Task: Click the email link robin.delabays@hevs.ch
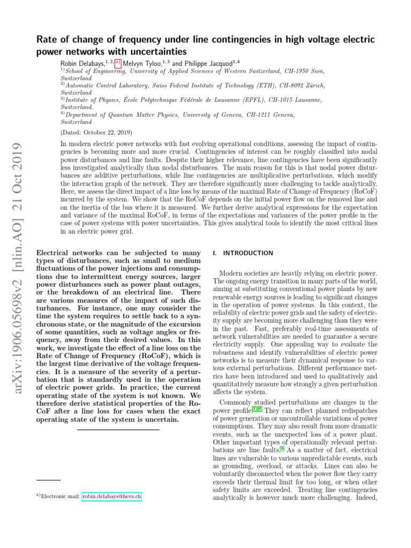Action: coord(111,497)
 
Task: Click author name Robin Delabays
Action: coord(83,63)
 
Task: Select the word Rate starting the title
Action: coord(47,40)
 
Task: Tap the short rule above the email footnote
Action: coord(49,480)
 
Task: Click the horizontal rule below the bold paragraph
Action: coord(118,430)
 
